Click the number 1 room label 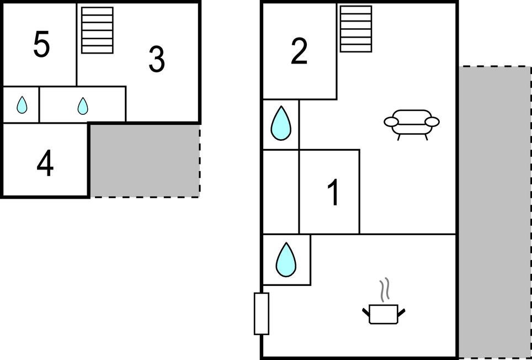[x=333, y=193]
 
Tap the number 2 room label [x=299, y=52]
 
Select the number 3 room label [x=157, y=60]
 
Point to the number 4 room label [x=45, y=163]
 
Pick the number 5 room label [x=41, y=45]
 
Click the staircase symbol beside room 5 [x=97, y=30]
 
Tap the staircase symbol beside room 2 [x=355, y=29]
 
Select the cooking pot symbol [x=384, y=313]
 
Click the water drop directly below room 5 [x=22, y=105]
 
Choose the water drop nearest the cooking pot [x=285, y=260]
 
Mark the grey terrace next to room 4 [x=145, y=160]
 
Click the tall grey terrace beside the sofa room [x=494, y=213]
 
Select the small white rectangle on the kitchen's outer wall [x=261, y=314]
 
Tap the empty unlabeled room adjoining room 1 [x=280, y=192]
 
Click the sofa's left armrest [x=391, y=122]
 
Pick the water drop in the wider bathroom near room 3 [x=83, y=105]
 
